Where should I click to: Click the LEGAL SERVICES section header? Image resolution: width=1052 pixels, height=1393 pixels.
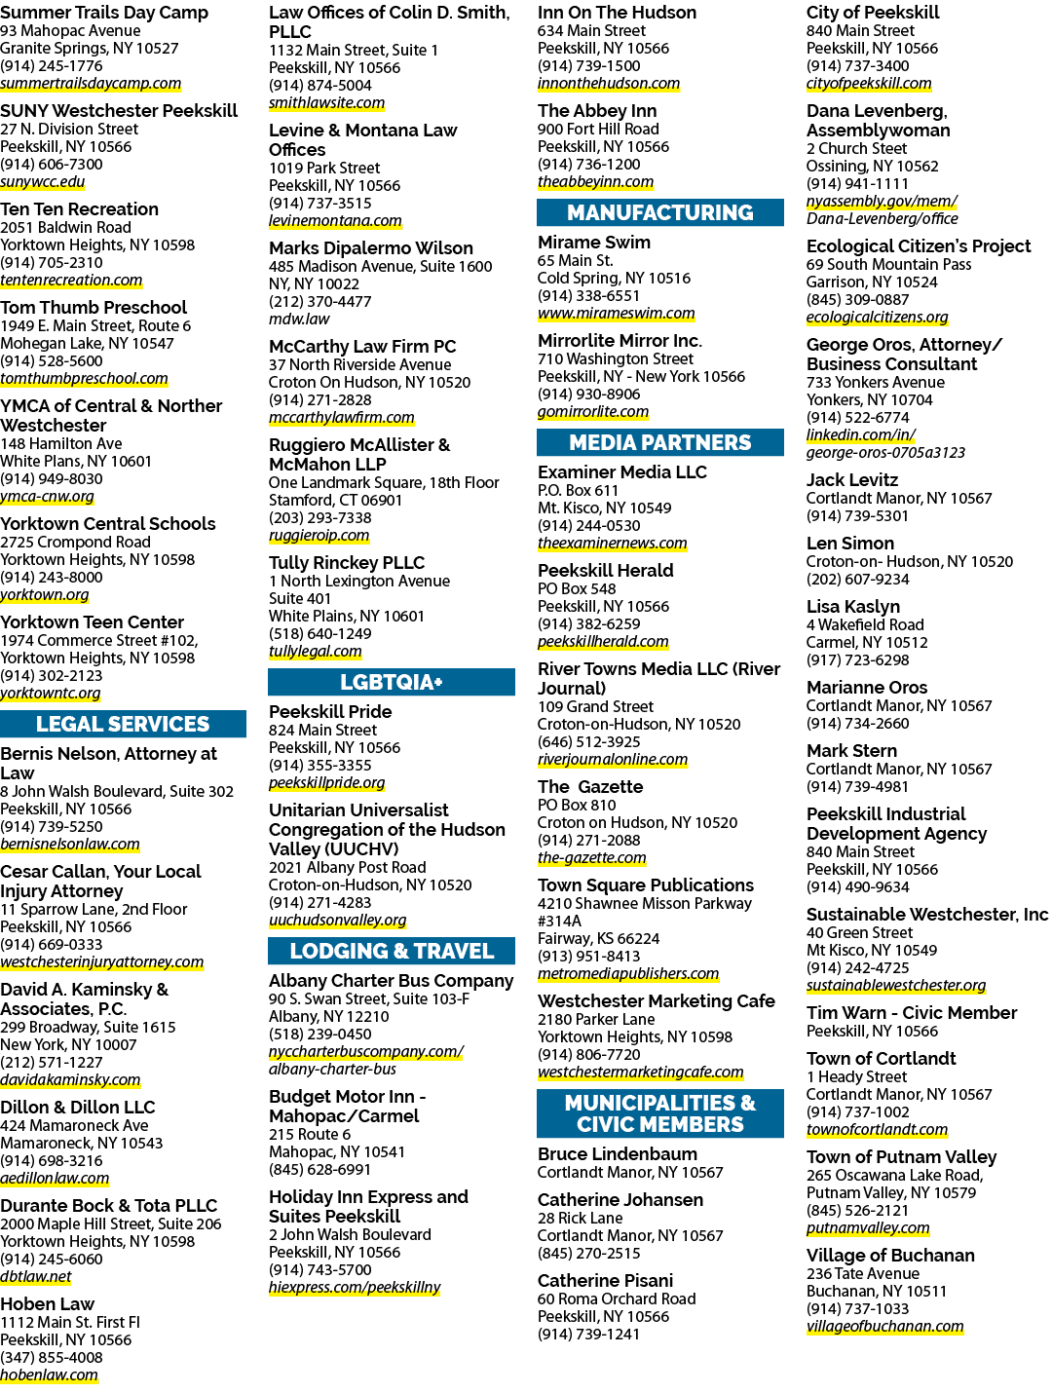point(123,724)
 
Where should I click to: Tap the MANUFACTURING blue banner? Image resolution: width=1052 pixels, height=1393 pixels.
point(659,212)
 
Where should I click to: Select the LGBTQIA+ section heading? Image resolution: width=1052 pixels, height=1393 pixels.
point(391,682)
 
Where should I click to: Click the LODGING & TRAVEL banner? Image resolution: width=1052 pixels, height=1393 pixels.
point(391,951)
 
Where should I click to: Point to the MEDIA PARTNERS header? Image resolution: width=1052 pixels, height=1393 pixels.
point(659,442)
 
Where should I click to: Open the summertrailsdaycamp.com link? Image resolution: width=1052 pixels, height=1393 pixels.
point(91,84)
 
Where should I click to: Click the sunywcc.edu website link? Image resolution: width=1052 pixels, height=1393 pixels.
point(43,182)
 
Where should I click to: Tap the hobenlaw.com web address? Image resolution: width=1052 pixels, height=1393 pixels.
point(49,1375)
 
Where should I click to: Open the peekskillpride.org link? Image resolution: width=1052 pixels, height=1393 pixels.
point(326,783)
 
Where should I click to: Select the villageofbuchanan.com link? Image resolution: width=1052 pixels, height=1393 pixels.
point(884,1327)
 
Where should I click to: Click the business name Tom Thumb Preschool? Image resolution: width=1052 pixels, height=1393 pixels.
point(94,308)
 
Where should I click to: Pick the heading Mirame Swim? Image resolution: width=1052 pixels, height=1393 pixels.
point(594,243)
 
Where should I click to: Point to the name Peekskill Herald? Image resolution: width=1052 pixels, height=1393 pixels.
point(605,571)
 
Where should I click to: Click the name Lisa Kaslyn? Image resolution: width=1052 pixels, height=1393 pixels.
point(852,607)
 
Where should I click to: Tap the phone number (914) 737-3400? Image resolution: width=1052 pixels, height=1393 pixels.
point(857,66)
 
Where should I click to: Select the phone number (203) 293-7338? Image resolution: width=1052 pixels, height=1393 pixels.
point(319,518)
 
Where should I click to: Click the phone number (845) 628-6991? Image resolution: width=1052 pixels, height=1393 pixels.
point(319,1170)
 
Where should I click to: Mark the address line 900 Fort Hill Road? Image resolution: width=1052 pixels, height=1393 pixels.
point(598,129)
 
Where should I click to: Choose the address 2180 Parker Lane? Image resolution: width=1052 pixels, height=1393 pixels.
point(596,1019)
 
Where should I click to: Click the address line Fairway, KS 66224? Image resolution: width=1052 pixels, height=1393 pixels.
point(598,939)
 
